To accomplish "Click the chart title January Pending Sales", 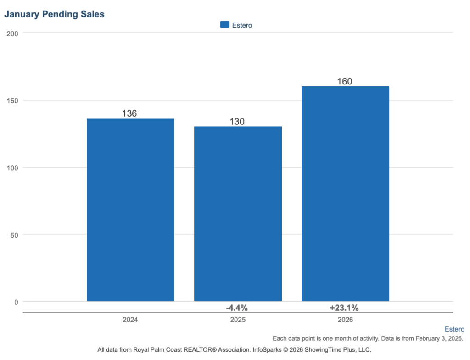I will (x=54, y=14).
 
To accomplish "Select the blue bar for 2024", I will (x=130, y=210).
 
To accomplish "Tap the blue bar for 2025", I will (x=238, y=214).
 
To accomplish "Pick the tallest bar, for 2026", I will (x=345, y=194).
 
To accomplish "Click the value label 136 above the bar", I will (x=129, y=113).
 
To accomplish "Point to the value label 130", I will (x=237, y=121).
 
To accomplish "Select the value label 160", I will (x=345, y=81).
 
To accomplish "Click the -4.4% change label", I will (x=237, y=308).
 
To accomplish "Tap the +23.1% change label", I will (x=344, y=308).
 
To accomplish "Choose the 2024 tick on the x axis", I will (x=130, y=320).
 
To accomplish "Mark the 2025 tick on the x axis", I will (x=238, y=320).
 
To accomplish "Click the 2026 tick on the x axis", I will (x=345, y=320).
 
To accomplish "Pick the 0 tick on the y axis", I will (x=16, y=302).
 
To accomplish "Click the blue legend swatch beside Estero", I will (x=224, y=25).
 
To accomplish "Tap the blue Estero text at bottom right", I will (x=454, y=329).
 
